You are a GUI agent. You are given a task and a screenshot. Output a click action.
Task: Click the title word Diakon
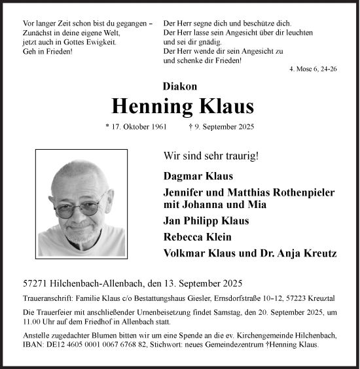[x=179, y=86]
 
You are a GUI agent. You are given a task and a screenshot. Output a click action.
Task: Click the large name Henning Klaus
[x=183, y=105]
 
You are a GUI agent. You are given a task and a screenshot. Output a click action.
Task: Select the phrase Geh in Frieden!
[x=48, y=51]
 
